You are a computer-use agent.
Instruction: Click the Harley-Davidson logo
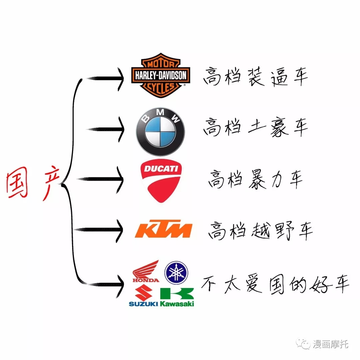161,75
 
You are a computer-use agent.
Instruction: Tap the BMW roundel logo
160,132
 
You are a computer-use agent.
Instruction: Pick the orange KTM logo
163,229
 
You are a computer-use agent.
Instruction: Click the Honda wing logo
146,271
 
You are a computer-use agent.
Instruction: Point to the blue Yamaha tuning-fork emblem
176,273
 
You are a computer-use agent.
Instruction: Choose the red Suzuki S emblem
143,292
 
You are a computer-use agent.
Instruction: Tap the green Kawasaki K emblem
177,294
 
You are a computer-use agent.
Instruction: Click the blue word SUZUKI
143,304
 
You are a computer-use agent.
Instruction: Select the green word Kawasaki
177,304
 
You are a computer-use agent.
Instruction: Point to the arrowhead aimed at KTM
120,230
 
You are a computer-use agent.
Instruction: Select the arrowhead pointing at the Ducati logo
120,180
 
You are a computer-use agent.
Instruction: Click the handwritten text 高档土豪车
255,127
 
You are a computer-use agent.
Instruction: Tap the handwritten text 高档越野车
260,231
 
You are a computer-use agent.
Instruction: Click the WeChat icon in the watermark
303,344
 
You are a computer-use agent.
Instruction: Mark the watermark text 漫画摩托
330,344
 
